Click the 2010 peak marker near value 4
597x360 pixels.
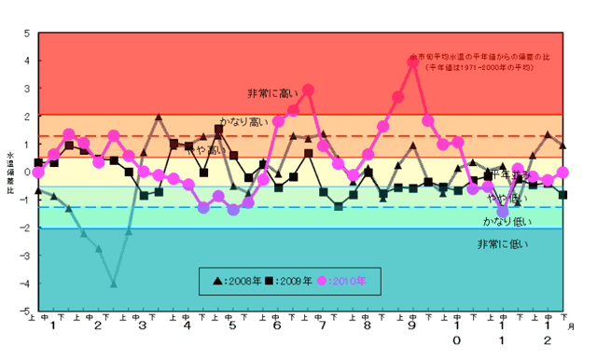pyautogui.click(x=412, y=62)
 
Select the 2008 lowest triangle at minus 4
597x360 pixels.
pyautogui.click(x=114, y=284)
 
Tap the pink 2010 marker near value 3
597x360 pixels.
pyautogui.click(x=308, y=90)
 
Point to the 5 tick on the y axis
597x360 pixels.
pyautogui.click(x=27, y=35)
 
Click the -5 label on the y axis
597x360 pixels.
pyautogui.click(x=25, y=311)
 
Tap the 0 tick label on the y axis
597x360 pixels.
pyautogui.click(x=27, y=173)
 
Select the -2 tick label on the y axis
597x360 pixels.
pyautogui.click(x=25, y=228)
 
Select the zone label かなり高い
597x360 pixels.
pyautogui.click(x=243, y=121)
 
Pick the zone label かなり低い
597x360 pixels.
pyautogui.click(x=504, y=221)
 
